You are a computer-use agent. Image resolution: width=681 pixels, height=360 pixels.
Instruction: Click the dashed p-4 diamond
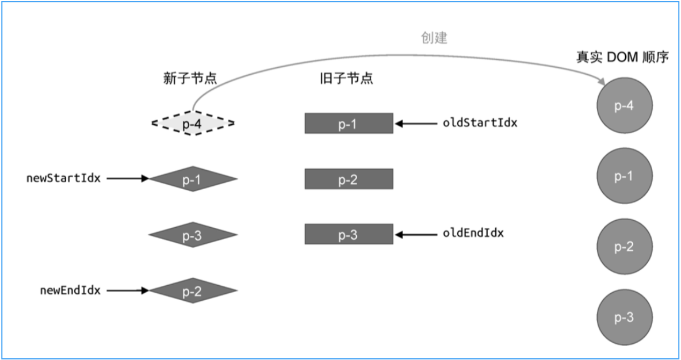(193, 123)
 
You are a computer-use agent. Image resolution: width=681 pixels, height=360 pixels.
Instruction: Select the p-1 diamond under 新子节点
(193, 179)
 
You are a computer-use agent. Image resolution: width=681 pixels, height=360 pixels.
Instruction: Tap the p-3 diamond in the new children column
(193, 235)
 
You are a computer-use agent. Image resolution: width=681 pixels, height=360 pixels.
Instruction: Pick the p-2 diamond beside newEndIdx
(193, 291)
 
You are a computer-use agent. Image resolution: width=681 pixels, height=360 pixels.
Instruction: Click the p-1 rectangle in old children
(349, 123)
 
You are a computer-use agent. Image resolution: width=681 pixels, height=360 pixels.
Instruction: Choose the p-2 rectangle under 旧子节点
(349, 179)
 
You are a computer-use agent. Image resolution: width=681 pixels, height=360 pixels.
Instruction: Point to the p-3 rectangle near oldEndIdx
(349, 235)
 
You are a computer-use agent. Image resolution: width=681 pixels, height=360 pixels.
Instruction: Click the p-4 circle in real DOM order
(624, 106)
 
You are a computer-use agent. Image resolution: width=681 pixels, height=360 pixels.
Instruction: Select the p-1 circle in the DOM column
(624, 177)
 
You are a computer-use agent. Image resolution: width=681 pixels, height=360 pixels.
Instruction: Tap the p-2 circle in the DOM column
(624, 247)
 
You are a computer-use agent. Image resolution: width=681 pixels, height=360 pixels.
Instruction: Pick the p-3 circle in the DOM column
(624, 317)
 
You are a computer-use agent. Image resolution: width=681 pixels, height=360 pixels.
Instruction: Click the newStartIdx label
(63, 178)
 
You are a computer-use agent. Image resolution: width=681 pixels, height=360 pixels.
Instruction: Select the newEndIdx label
(70, 290)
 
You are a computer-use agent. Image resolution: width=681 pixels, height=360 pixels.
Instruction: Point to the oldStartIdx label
(480, 122)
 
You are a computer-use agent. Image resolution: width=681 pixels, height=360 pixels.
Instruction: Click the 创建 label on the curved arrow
(434, 39)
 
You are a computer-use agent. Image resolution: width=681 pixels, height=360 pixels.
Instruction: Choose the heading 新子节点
(190, 79)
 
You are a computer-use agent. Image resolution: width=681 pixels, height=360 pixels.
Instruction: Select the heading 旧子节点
(346, 79)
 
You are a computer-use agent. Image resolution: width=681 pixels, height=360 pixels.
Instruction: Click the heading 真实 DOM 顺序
(622, 58)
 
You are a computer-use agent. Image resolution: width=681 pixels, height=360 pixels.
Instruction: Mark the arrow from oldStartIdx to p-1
(416, 123)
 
